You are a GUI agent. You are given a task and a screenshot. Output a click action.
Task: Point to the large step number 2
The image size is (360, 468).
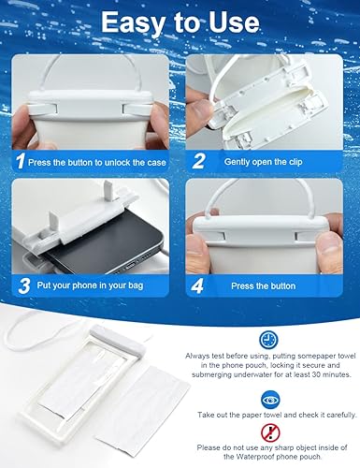(199, 160)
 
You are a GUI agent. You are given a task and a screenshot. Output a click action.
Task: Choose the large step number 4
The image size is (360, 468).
(199, 285)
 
